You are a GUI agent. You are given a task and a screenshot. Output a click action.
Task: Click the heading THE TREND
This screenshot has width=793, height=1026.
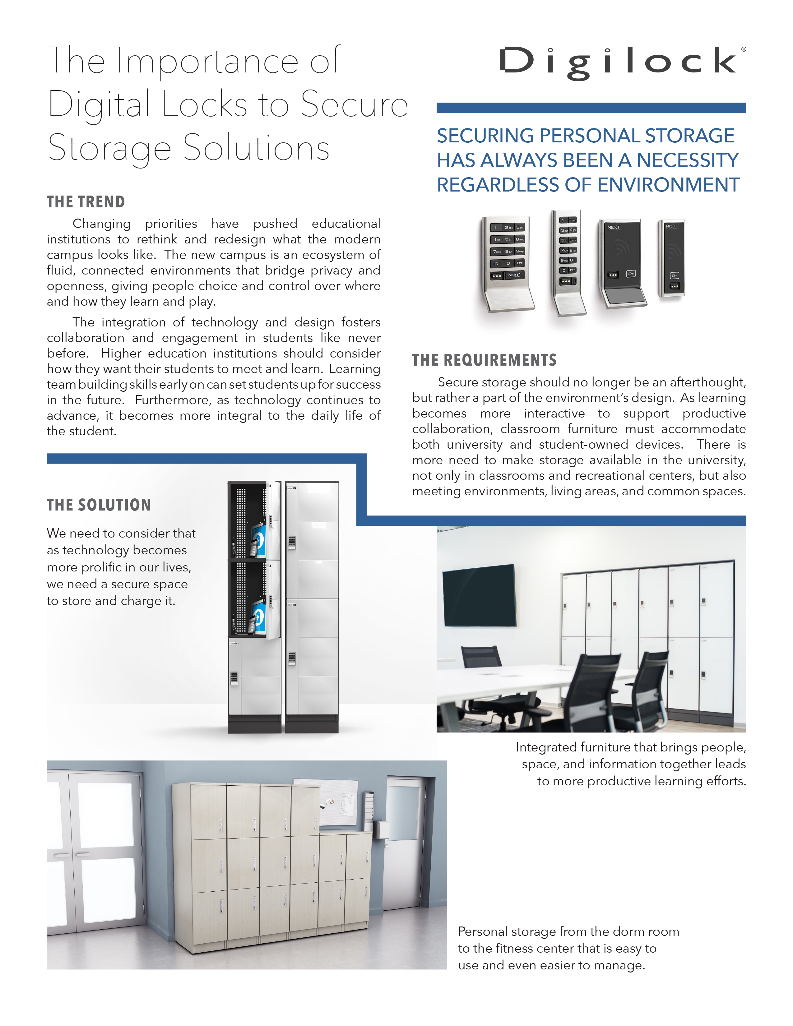(x=86, y=202)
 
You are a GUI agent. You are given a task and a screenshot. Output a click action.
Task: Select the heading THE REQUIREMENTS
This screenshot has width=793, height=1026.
(x=484, y=360)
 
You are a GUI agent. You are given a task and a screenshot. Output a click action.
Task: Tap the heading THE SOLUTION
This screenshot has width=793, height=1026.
(x=99, y=505)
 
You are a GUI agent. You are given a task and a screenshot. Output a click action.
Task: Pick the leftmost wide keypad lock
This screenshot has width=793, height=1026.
(x=508, y=263)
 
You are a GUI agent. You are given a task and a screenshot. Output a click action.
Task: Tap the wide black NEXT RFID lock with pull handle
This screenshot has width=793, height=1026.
(x=622, y=263)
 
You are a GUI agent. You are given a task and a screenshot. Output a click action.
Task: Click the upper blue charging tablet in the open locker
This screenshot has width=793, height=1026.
(x=258, y=540)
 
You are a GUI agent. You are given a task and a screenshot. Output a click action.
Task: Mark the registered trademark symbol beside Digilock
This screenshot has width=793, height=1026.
(x=743, y=49)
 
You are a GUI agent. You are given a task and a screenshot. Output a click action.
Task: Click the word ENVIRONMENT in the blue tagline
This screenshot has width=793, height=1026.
(x=669, y=185)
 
